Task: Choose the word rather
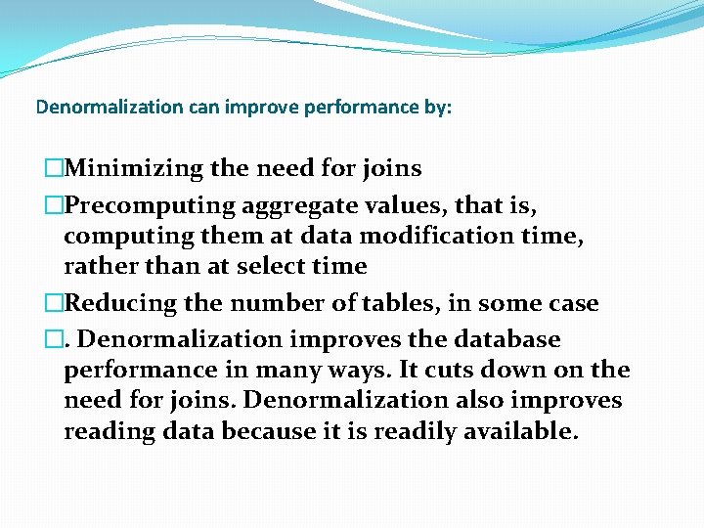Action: [x=97, y=266]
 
